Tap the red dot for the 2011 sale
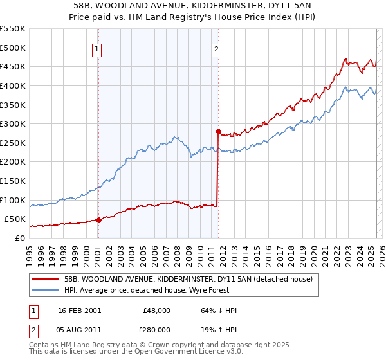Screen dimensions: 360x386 (218, 131)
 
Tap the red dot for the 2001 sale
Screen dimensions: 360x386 (99, 220)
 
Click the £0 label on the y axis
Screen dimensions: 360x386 (19, 238)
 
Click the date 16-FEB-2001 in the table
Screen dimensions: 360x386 (80, 310)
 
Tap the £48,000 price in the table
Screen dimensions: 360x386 (156, 310)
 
